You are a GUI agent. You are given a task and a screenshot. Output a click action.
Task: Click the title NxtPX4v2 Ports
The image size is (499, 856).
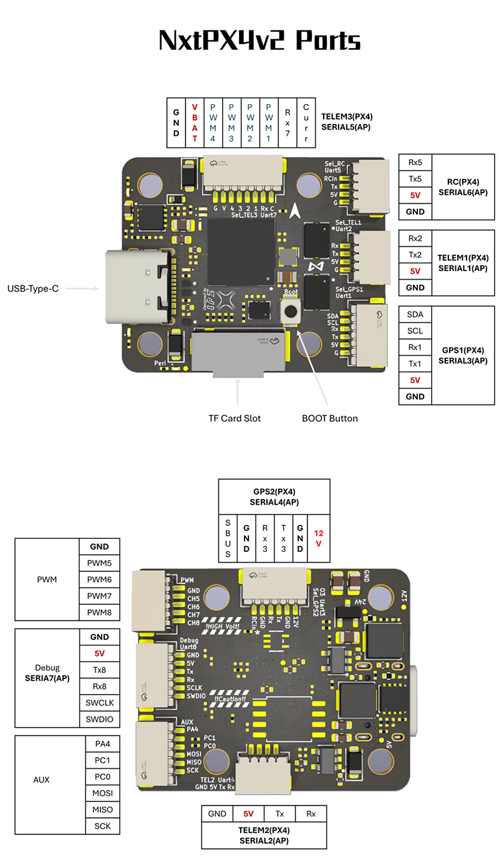point(259,41)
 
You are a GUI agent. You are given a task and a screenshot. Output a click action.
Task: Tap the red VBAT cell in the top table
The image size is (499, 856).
point(195,122)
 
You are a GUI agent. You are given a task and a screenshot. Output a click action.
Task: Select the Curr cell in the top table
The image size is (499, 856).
point(306,122)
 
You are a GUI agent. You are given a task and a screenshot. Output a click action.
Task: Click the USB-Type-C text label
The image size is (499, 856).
point(32,288)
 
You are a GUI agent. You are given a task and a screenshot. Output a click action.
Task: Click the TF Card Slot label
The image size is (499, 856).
point(235,418)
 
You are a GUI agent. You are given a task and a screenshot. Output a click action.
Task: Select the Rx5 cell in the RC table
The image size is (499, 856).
point(415,163)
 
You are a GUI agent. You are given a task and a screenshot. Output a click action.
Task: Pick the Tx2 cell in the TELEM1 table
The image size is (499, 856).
point(415,255)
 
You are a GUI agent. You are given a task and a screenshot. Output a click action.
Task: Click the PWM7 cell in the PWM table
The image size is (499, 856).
point(100,596)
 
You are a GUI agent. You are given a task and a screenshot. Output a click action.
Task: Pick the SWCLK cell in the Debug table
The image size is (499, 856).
point(100,703)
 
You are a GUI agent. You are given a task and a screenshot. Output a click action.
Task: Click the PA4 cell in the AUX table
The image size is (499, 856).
point(102,744)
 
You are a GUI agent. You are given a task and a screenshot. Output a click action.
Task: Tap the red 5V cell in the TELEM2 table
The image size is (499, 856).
point(248,814)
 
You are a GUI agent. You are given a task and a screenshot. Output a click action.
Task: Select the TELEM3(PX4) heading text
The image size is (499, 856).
point(347,117)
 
